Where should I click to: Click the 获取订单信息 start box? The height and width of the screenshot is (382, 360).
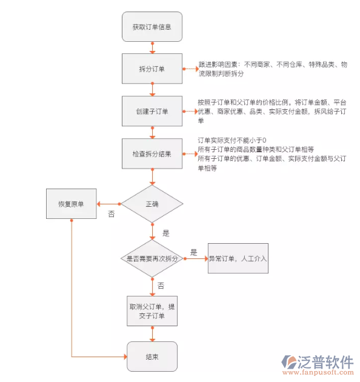point(152,27)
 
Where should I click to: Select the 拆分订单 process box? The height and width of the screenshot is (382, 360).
point(152,69)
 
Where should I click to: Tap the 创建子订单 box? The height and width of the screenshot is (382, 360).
point(152,112)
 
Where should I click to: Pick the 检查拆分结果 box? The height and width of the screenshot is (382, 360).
point(152,154)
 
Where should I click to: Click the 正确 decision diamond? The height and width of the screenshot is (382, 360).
point(152,204)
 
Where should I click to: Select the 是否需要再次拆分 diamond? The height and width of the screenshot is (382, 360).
point(152,258)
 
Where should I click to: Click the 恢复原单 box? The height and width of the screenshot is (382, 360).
point(72,204)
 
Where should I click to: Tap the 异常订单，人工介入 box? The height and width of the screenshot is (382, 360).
point(238,258)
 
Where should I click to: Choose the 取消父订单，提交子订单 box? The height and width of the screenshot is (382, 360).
point(152,310)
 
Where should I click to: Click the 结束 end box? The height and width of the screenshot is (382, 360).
point(152,357)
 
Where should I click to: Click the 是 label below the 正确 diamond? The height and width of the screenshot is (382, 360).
point(165,232)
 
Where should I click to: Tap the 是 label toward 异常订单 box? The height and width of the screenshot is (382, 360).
point(194,252)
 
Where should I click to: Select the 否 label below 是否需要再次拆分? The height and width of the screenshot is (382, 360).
point(161,285)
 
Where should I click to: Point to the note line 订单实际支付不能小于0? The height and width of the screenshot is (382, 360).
point(232,141)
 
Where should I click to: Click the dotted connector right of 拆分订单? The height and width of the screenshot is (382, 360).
point(190,69)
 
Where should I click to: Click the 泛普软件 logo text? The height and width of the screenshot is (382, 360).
point(325,362)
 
